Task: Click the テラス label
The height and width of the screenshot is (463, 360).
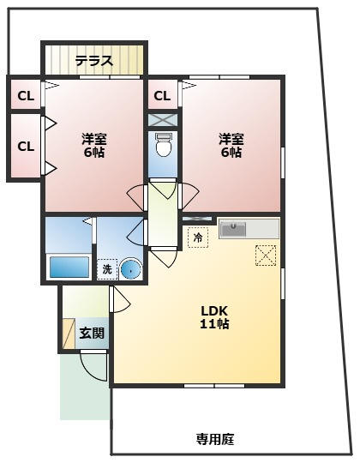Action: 93,61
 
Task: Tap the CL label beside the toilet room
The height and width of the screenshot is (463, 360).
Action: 163,94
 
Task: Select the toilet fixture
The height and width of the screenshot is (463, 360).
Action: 164,145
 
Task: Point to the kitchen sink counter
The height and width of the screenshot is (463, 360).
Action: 249,229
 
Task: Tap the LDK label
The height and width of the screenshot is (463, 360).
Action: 214,310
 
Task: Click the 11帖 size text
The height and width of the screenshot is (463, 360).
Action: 214,324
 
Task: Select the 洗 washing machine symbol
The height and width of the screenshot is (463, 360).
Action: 107,268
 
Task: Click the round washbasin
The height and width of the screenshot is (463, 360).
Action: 129,268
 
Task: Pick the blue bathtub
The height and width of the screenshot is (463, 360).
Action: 69,267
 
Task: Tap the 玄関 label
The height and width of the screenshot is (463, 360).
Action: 92,333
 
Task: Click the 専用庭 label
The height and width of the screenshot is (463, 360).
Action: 214,440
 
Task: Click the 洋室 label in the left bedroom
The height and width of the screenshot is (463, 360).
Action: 93,138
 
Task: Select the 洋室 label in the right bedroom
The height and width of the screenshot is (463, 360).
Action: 231,138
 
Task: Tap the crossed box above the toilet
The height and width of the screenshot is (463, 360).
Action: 163,120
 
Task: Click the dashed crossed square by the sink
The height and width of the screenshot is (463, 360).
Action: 266,255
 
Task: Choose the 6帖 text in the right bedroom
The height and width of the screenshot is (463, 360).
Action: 231,153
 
